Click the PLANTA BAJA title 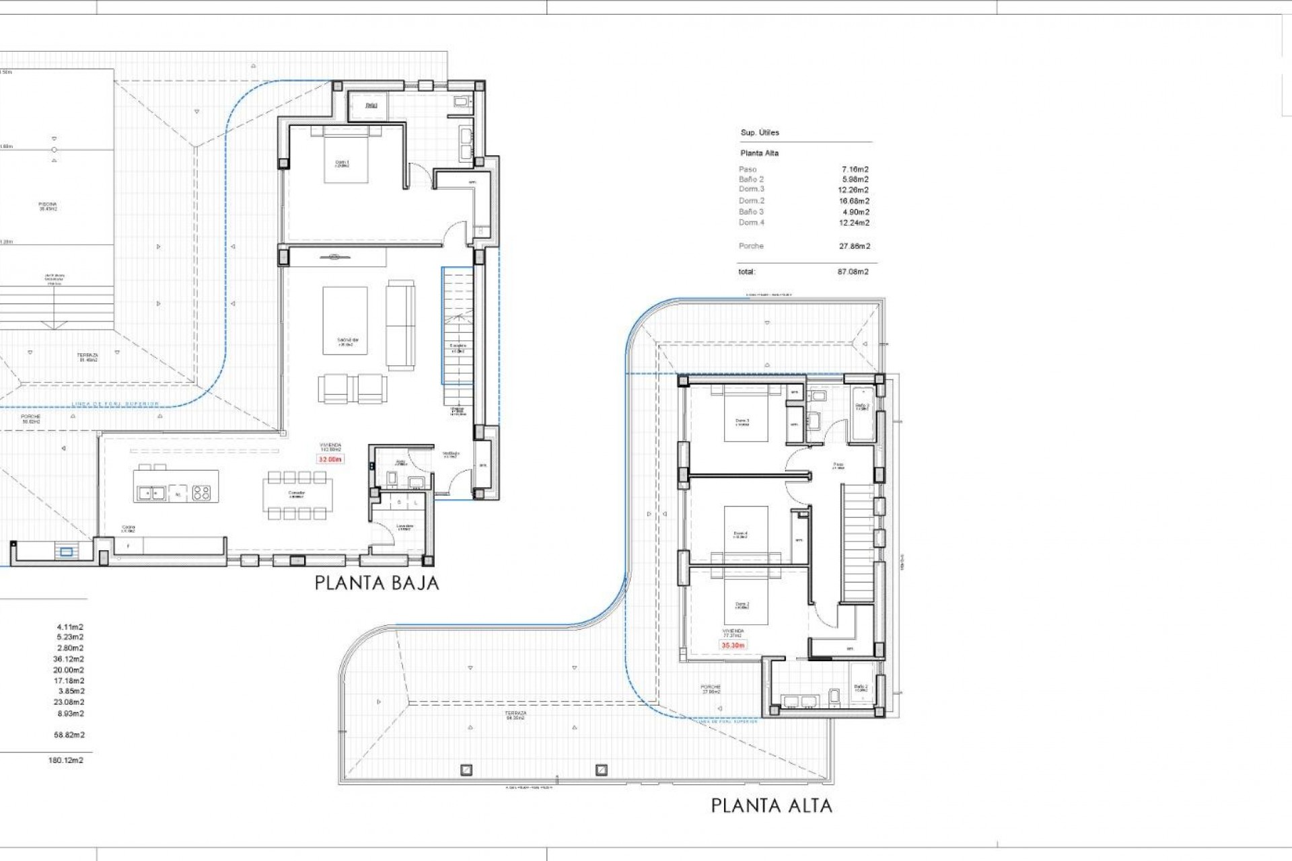pyautogui.click(x=377, y=583)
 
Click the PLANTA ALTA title pyautogui.click(x=771, y=805)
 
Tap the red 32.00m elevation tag pyautogui.click(x=330, y=459)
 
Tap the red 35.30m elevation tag pyautogui.click(x=733, y=645)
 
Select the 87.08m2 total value pyautogui.click(x=853, y=272)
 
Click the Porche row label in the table pyautogui.click(x=751, y=246)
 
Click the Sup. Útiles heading pyautogui.click(x=760, y=133)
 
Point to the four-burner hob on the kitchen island pyautogui.click(x=201, y=493)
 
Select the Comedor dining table pyautogui.click(x=297, y=494)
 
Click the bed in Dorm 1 pyautogui.click(x=346, y=156)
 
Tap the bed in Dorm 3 pyautogui.click(x=746, y=416)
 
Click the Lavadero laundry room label pyautogui.click(x=404, y=527)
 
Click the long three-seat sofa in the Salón pyautogui.click(x=400, y=325)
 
